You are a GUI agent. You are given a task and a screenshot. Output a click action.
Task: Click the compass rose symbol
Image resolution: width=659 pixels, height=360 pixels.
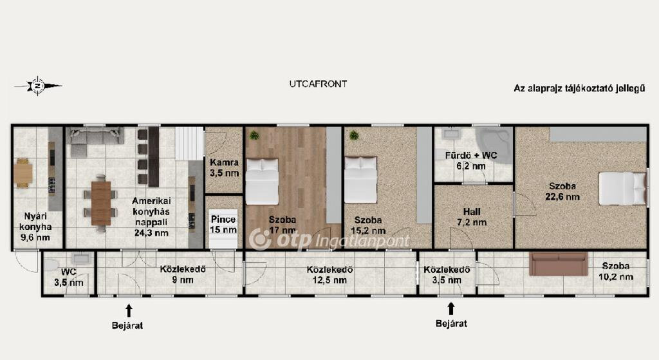point(38,86)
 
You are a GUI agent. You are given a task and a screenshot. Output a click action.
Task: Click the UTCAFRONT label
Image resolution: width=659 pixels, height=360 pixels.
point(318,84)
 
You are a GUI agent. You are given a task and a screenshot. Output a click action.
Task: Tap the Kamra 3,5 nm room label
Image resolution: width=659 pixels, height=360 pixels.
point(225,167)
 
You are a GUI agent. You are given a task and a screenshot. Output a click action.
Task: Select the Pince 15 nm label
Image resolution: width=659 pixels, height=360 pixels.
point(223,225)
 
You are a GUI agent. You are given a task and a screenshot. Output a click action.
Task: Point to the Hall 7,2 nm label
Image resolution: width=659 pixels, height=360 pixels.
point(472,217)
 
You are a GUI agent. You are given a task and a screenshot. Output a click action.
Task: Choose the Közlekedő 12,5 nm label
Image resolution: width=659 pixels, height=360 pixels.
point(329,274)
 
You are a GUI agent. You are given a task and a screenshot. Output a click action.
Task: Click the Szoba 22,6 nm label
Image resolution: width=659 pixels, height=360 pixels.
point(562,191)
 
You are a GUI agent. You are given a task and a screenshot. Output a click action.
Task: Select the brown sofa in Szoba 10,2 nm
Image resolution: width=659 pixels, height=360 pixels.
point(559,263)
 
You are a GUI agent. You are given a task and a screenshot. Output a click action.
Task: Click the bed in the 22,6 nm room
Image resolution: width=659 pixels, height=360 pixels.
point(622,188)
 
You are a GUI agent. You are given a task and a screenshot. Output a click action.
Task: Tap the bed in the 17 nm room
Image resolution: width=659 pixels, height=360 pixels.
point(262,181)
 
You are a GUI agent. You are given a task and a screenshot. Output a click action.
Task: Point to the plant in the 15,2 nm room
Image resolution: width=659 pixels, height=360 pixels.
point(354,135)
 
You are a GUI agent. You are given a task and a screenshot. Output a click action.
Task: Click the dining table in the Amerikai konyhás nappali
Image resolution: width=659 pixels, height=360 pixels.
point(101,203)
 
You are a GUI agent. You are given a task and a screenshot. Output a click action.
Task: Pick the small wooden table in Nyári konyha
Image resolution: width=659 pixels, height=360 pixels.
point(23,173)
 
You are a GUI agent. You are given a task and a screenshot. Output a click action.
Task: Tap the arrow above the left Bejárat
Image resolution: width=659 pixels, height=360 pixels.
point(129,310)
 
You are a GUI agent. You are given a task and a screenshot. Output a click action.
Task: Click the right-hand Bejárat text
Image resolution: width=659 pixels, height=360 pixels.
point(451,323)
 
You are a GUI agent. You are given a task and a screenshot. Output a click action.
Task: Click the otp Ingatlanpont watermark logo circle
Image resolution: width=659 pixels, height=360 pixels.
point(260,240)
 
